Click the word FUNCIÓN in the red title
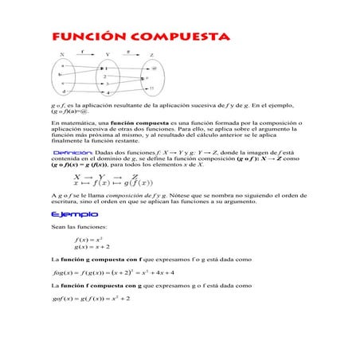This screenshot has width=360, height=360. [x=80, y=37]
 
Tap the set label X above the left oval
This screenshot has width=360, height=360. [x=62, y=55]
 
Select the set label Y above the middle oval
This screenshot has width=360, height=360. [x=107, y=55]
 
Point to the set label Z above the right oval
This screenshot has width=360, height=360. [x=151, y=55]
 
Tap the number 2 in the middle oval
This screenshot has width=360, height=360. [x=105, y=76]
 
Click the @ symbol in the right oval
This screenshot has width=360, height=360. [x=153, y=68]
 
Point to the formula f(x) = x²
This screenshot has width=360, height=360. [x=88, y=239]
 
